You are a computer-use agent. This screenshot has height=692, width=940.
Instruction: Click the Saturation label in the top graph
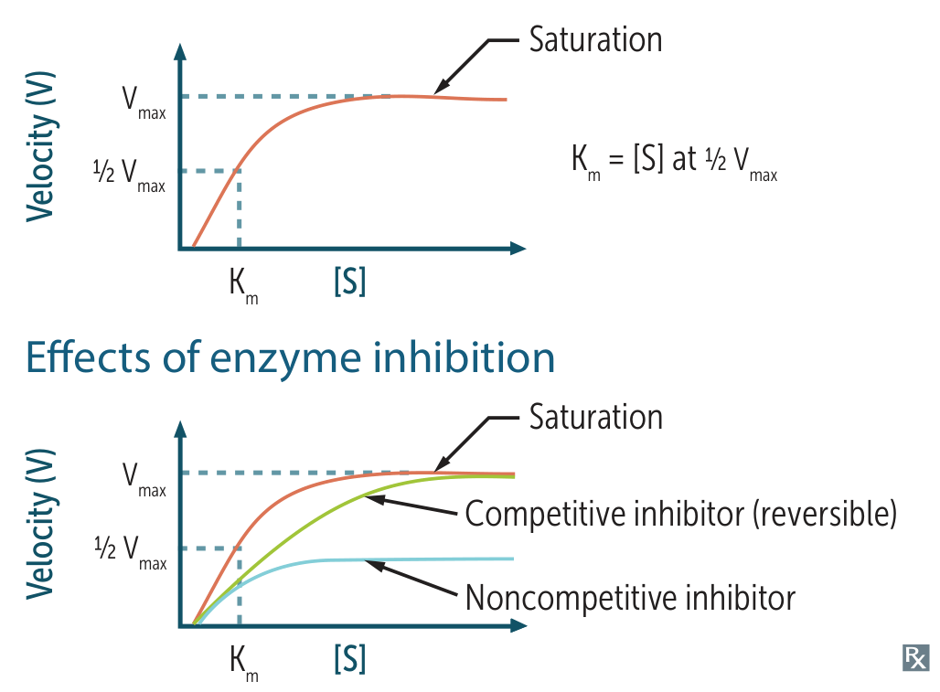[595, 40]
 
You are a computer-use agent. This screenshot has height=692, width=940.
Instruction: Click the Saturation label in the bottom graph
[595, 417]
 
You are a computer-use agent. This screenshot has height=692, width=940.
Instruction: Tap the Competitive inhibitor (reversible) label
[680, 514]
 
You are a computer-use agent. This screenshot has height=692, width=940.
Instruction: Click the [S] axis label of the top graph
[350, 282]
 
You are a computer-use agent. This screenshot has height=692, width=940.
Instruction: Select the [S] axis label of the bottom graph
[350, 659]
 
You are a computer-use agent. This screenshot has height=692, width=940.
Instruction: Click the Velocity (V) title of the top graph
[41, 147]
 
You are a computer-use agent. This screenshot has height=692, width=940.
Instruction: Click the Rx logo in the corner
[914, 657]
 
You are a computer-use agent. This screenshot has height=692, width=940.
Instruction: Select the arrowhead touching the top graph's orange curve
[439, 90]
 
